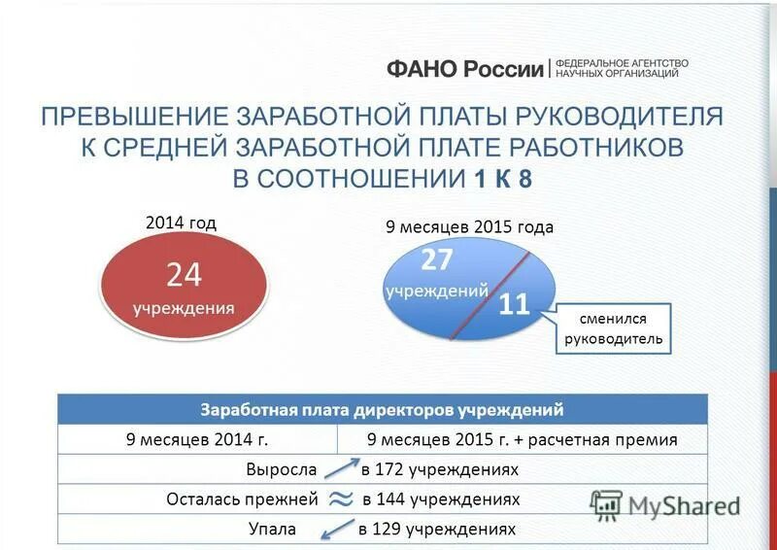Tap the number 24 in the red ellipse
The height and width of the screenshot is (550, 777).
point(184,276)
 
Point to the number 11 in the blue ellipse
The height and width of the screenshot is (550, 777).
point(514,305)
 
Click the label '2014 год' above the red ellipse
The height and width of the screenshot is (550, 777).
point(181,223)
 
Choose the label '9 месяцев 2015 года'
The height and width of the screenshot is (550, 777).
point(469,226)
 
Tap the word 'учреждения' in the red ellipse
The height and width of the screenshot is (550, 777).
point(184,308)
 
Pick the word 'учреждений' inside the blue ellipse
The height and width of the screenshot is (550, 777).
point(436,291)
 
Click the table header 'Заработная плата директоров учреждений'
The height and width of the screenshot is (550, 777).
point(382,409)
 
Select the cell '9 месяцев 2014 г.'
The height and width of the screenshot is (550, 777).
point(197,439)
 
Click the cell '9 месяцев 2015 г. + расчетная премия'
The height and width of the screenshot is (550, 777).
point(523,439)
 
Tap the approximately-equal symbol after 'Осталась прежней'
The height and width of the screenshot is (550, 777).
point(341,498)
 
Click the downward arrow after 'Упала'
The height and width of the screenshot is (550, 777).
point(336,530)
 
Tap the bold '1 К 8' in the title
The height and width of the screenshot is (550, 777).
point(503,179)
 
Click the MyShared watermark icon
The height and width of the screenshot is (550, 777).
point(606,503)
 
